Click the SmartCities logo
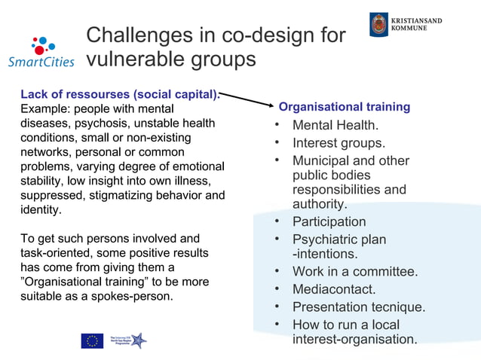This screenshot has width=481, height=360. pos(41,53)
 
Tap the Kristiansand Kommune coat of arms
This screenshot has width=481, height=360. pos(378,24)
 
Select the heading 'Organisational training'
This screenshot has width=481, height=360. pos(345,107)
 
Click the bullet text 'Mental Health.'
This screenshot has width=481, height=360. pos(335,125)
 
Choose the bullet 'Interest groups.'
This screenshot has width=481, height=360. pos(339,143)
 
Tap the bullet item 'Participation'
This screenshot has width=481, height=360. pos(329,221)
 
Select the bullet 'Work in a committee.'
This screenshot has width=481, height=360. pos(354,271)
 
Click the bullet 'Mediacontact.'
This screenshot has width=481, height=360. pos(334,289)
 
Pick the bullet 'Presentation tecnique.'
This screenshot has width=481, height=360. pos(359,307)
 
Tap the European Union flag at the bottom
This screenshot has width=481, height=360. pos(92,340)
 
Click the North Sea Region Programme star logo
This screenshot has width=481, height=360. pos(136,340)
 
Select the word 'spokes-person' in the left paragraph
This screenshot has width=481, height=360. pos(130,296)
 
